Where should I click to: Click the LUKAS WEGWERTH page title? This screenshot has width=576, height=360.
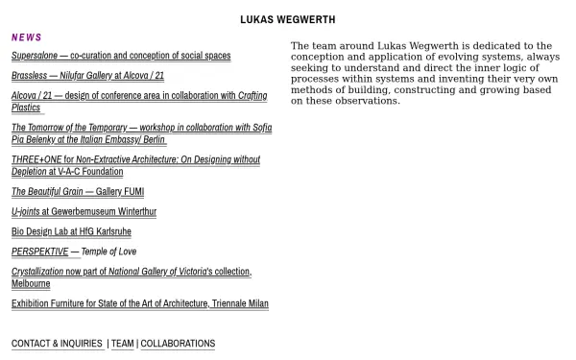287,19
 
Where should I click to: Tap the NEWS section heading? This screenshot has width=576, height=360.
27,37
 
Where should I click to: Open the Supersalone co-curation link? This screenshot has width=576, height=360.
121,56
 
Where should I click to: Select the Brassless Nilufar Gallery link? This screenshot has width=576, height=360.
87,76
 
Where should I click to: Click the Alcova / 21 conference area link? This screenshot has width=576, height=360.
139,96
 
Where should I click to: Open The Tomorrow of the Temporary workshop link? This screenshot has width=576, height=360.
141,128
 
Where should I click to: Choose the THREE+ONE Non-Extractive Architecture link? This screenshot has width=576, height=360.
135,160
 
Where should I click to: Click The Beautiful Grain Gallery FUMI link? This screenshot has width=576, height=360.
78,192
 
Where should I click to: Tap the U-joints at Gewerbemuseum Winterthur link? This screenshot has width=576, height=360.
84,212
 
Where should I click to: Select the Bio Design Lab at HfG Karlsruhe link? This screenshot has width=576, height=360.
71,232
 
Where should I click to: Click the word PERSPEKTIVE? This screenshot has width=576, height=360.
39,252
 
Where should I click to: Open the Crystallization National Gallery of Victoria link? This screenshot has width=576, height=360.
131,273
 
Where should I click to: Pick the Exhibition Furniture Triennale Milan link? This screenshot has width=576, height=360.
139,304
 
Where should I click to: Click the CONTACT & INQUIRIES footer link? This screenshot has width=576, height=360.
57,344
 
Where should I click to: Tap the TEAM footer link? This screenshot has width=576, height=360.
123,344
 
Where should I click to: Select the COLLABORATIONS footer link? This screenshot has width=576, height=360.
178,344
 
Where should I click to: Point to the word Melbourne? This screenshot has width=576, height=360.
31,284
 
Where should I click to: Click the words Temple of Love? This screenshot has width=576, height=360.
108,252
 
